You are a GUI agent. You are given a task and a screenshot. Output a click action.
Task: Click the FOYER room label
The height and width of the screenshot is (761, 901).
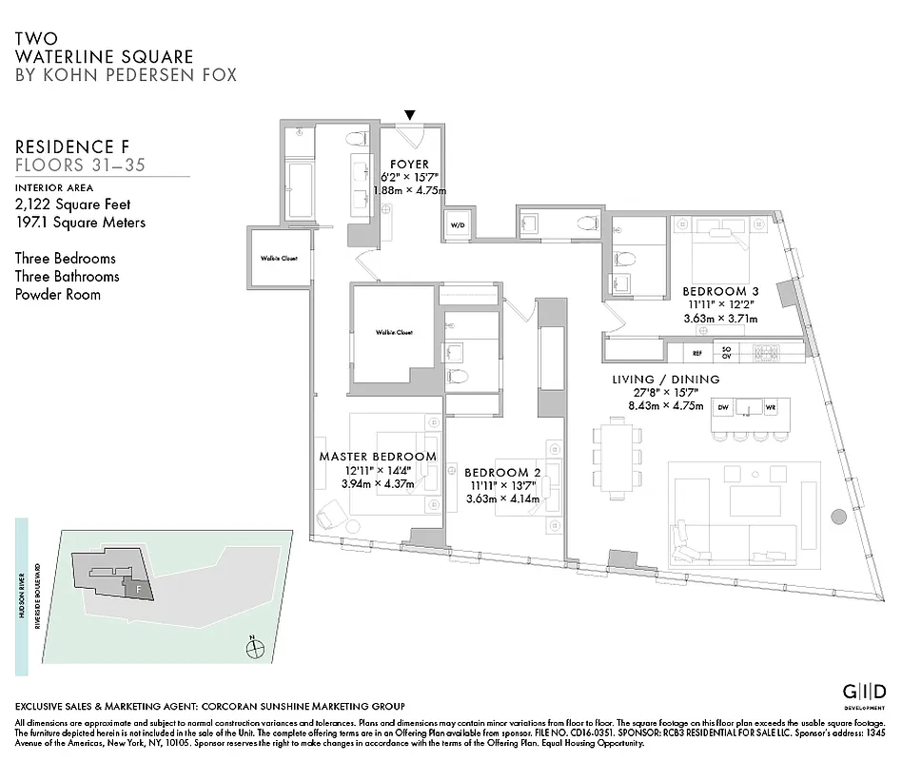[409, 164]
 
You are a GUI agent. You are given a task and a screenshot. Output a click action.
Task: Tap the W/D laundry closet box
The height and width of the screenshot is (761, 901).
[457, 224]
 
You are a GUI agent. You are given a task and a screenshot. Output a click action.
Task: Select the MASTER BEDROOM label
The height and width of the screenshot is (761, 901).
[378, 457]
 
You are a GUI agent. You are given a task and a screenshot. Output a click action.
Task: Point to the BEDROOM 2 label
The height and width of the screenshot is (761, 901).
[502, 472]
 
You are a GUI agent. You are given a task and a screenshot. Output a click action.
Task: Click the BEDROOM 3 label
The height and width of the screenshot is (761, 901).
[720, 291]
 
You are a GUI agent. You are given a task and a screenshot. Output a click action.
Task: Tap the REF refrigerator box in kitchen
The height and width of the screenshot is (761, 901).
[696, 352]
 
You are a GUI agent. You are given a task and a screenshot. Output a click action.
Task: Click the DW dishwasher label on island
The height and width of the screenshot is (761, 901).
[723, 408]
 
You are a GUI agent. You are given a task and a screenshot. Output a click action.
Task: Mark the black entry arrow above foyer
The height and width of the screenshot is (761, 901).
[410, 115]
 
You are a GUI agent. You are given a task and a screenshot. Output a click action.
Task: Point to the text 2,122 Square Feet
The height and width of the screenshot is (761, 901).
[72, 205]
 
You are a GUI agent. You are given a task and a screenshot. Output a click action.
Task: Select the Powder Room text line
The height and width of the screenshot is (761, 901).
[58, 294]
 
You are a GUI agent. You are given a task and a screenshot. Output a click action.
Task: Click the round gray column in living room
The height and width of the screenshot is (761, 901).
[838, 517]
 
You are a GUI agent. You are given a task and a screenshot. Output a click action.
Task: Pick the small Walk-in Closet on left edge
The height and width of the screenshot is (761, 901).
[279, 257]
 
